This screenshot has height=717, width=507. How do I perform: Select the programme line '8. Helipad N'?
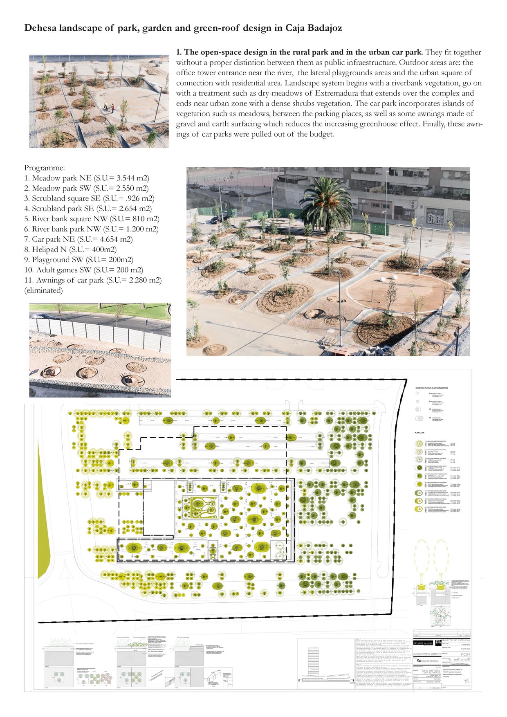pos(70,249)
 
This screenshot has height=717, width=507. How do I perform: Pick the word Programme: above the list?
pos(45,168)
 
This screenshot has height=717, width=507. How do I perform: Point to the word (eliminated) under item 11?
pos(43,290)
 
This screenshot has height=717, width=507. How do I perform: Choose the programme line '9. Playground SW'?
pos(79,260)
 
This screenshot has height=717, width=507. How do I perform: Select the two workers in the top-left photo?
pos(109,108)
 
